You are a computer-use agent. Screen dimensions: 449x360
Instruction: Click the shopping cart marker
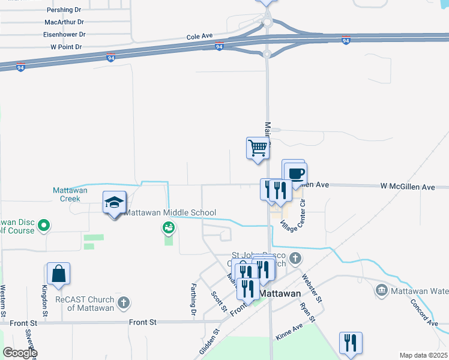(258, 147)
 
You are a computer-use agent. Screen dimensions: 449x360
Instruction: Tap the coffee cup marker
(295, 174)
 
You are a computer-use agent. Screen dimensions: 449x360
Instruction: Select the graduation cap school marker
(114, 202)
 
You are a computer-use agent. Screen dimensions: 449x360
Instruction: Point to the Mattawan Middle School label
(170, 213)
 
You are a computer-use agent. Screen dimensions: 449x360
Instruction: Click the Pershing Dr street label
(64, 10)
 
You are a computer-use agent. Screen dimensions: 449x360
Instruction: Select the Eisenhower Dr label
(64, 35)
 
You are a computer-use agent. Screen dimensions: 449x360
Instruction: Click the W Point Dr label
(66, 46)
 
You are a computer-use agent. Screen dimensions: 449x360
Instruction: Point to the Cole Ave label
(200, 37)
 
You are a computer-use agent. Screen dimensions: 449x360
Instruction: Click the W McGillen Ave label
(407, 187)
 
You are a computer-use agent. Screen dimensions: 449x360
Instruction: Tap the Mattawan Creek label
(70, 194)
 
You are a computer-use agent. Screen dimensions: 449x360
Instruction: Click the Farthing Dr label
(193, 299)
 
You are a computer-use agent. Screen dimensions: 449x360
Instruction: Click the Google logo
(20, 353)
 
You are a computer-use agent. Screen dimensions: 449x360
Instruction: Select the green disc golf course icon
(43, 226)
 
